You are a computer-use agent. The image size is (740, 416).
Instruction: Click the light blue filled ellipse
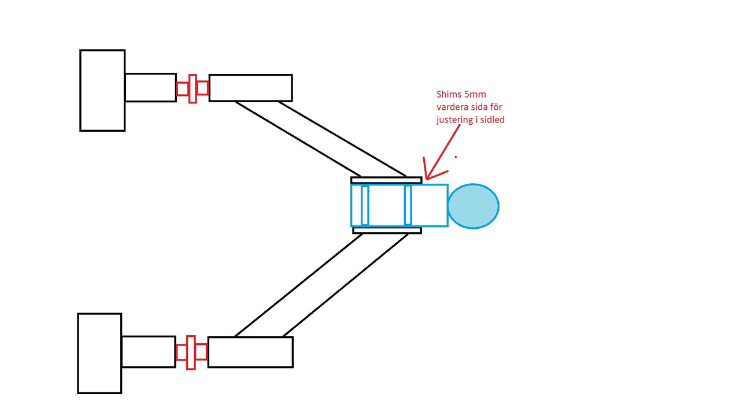point(473,206)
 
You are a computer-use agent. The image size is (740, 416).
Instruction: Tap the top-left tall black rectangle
point(102,90)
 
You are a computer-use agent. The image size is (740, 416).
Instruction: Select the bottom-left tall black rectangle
point(99,353)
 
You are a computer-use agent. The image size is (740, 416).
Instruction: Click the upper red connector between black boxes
point(193,88)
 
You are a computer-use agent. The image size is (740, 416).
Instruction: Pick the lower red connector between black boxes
point(191,352)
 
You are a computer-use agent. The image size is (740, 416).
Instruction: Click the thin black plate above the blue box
point(386,180)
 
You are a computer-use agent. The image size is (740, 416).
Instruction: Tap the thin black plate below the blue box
point(387,230)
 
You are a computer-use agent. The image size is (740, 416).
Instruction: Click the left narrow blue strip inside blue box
point(365,205)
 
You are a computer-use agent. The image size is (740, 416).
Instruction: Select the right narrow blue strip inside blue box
point(408,205)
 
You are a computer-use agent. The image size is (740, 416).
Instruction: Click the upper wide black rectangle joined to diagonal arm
point(250,88)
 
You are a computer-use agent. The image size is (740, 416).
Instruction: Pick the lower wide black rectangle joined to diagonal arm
point(250,352)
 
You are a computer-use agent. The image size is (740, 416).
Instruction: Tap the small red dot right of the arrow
point(456,157)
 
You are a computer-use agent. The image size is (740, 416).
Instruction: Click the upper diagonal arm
point(321,139)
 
